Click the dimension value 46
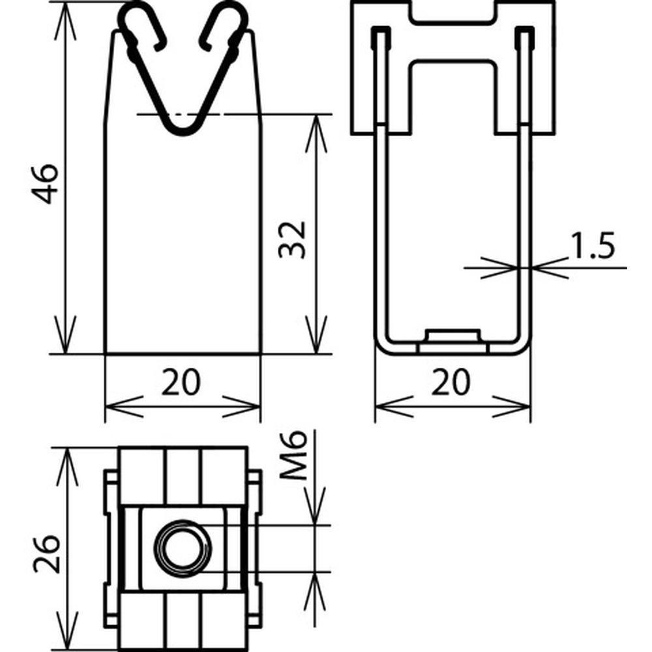(x=46, y=184)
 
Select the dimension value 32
(x=292, y=240)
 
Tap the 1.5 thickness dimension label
(x=592, y=246)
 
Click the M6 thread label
(x=293, y=456)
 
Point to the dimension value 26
(x=47, y=554)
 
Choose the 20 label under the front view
(x=181, y=382)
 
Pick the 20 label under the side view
(x=451, y=382)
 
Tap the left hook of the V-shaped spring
(x=143, y=26)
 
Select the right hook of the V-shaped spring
(x=224, y=26)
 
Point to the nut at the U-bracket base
(x=453, y=340)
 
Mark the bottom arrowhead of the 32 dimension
(x=316, y=334)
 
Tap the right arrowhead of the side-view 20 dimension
(x=511, y=407)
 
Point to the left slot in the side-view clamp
(x=381, y=75)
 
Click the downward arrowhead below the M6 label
(x=315, y=506)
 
